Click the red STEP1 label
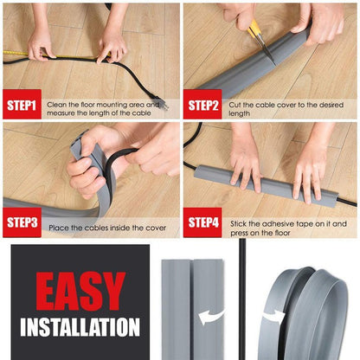pyautogui.click(x=21, y=106)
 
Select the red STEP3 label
pyautogui.click(x=21, y=222)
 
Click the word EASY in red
pyautogui.click(x=80, y=292)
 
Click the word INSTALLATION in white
pyautogui.click(x=80, y=328)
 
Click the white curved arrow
pyautogui.click(x=210, y=318)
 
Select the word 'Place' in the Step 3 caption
pyautogui.click(x=60, y=228)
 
